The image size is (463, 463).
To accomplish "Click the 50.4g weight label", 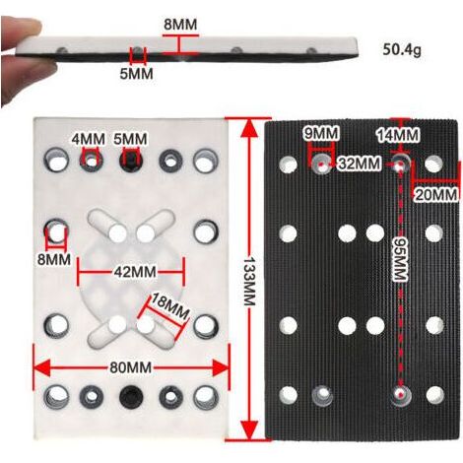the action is pyautogui.click(x=402, y=49).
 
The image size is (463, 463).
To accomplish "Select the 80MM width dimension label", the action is pyautogui.click(x=131, y=367).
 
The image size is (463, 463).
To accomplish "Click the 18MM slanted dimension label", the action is pyautogui.click(x=169, y=308).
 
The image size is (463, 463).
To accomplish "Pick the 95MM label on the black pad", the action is pyautogui.click(x=401, y=259).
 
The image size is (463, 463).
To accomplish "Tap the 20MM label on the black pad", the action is pyautogui.click(x=436, y=195).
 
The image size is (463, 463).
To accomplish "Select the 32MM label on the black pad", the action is pyautogui.click(x=360, y=164).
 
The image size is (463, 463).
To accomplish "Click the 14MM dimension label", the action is pyautogui.click(x=398, y=135).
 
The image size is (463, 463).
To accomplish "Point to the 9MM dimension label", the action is pyautogui.click(x=321, y=133).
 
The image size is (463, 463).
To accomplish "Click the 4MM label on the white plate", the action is pyautogui.click(x=89, y=139).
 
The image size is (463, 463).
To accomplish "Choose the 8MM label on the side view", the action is pyautogui.click(x=180, y=25).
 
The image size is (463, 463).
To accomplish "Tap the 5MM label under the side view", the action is pyautogui.click(x=136, y=74).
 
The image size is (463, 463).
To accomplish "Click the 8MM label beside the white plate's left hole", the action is pyautogui.click(x=54, y=260).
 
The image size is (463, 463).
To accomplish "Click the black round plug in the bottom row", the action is pyautogui.click(x=131, y=396).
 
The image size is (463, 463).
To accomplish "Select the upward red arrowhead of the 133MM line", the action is pyautogui.click(x=250, y=127).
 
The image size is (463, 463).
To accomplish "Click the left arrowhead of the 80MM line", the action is pyautogui.click(x=41, y=367).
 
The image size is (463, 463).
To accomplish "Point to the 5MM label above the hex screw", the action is pyautogui.click(x=130, y=139).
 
